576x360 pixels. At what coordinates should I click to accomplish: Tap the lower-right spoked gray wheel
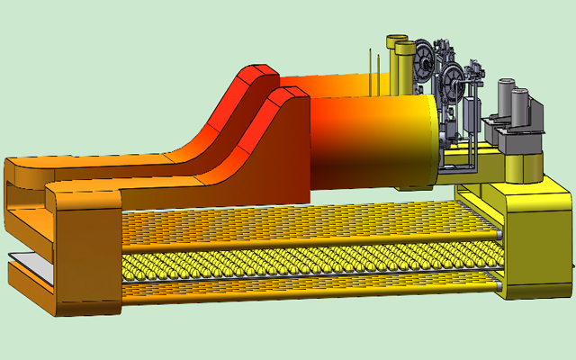click(454, 82)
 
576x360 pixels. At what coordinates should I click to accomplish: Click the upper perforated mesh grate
click(297, 220)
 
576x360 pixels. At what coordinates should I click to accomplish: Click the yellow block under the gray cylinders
click(522, 166)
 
